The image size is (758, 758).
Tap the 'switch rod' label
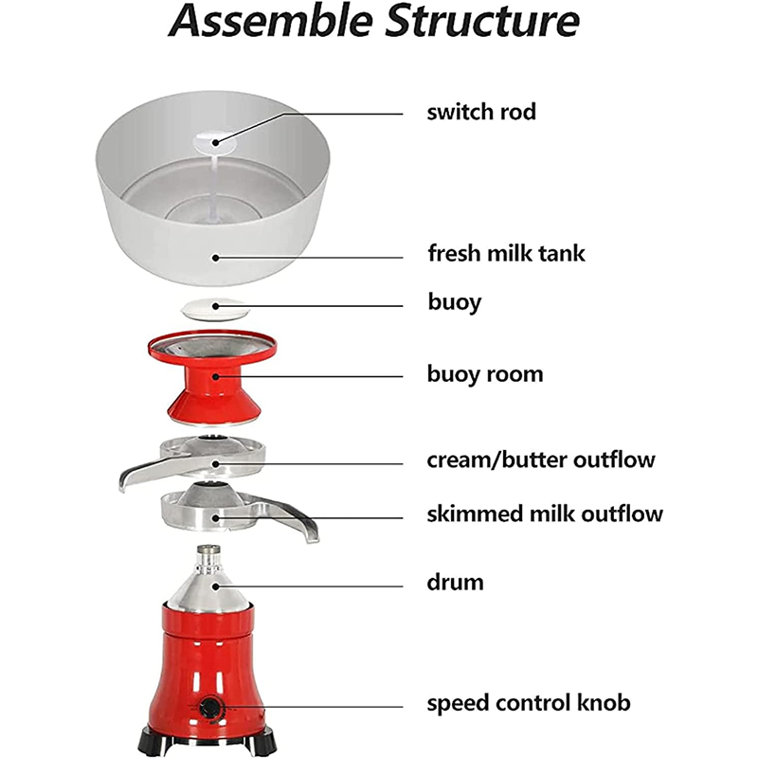[481, 112]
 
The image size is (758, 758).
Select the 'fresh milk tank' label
[506, 254]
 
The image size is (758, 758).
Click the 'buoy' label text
[454, 303]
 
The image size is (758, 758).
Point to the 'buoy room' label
[485, 374]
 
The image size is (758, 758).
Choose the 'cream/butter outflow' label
[541, 460]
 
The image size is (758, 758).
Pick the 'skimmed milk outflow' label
[545, 514]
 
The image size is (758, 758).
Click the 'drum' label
[455, 582]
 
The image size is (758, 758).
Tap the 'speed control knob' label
[529, 703]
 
